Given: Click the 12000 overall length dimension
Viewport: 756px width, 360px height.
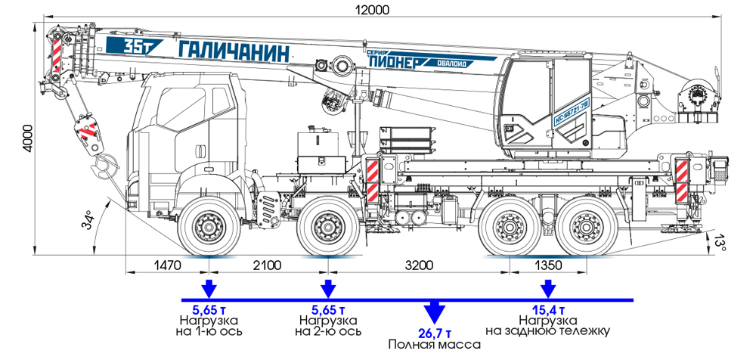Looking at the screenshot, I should (x=374, y=9).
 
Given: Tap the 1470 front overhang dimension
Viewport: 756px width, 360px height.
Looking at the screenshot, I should (x=168, y=265).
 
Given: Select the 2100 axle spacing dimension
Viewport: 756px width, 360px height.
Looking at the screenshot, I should (x=265, y=265).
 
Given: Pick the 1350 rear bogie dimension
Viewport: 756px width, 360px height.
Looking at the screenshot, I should (x=549, y=265).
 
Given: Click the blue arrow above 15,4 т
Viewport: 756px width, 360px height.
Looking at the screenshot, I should (x=547, y=289).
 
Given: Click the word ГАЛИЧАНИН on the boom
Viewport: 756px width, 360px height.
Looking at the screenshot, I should (x=235, y=51).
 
